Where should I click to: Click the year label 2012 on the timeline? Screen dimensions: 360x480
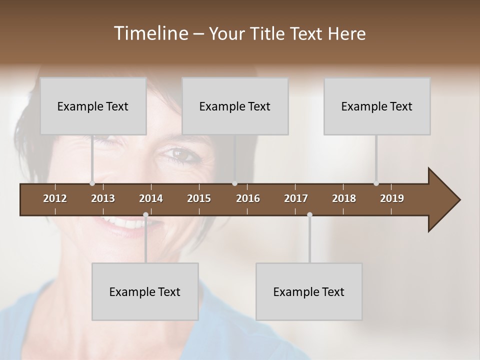55,198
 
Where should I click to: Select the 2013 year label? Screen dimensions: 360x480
103,198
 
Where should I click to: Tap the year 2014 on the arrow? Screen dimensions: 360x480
151,198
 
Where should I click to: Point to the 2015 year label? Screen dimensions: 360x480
199,198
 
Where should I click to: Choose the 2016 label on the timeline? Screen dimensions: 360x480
248,198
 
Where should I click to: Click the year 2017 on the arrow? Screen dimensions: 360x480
296,198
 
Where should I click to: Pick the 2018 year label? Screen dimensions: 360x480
344,198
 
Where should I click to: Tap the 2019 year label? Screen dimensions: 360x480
392,198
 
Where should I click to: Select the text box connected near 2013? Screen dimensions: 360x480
93,106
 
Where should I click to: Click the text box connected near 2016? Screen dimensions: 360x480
235,106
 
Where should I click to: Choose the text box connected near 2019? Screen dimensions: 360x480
377,106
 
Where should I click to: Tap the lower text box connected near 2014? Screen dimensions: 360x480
145,291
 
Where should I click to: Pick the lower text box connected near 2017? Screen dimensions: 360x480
309,291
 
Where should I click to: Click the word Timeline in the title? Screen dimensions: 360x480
150,33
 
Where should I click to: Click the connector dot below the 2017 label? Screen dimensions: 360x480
309,214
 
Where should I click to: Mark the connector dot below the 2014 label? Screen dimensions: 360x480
145,214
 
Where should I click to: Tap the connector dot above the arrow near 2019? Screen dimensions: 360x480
376,183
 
